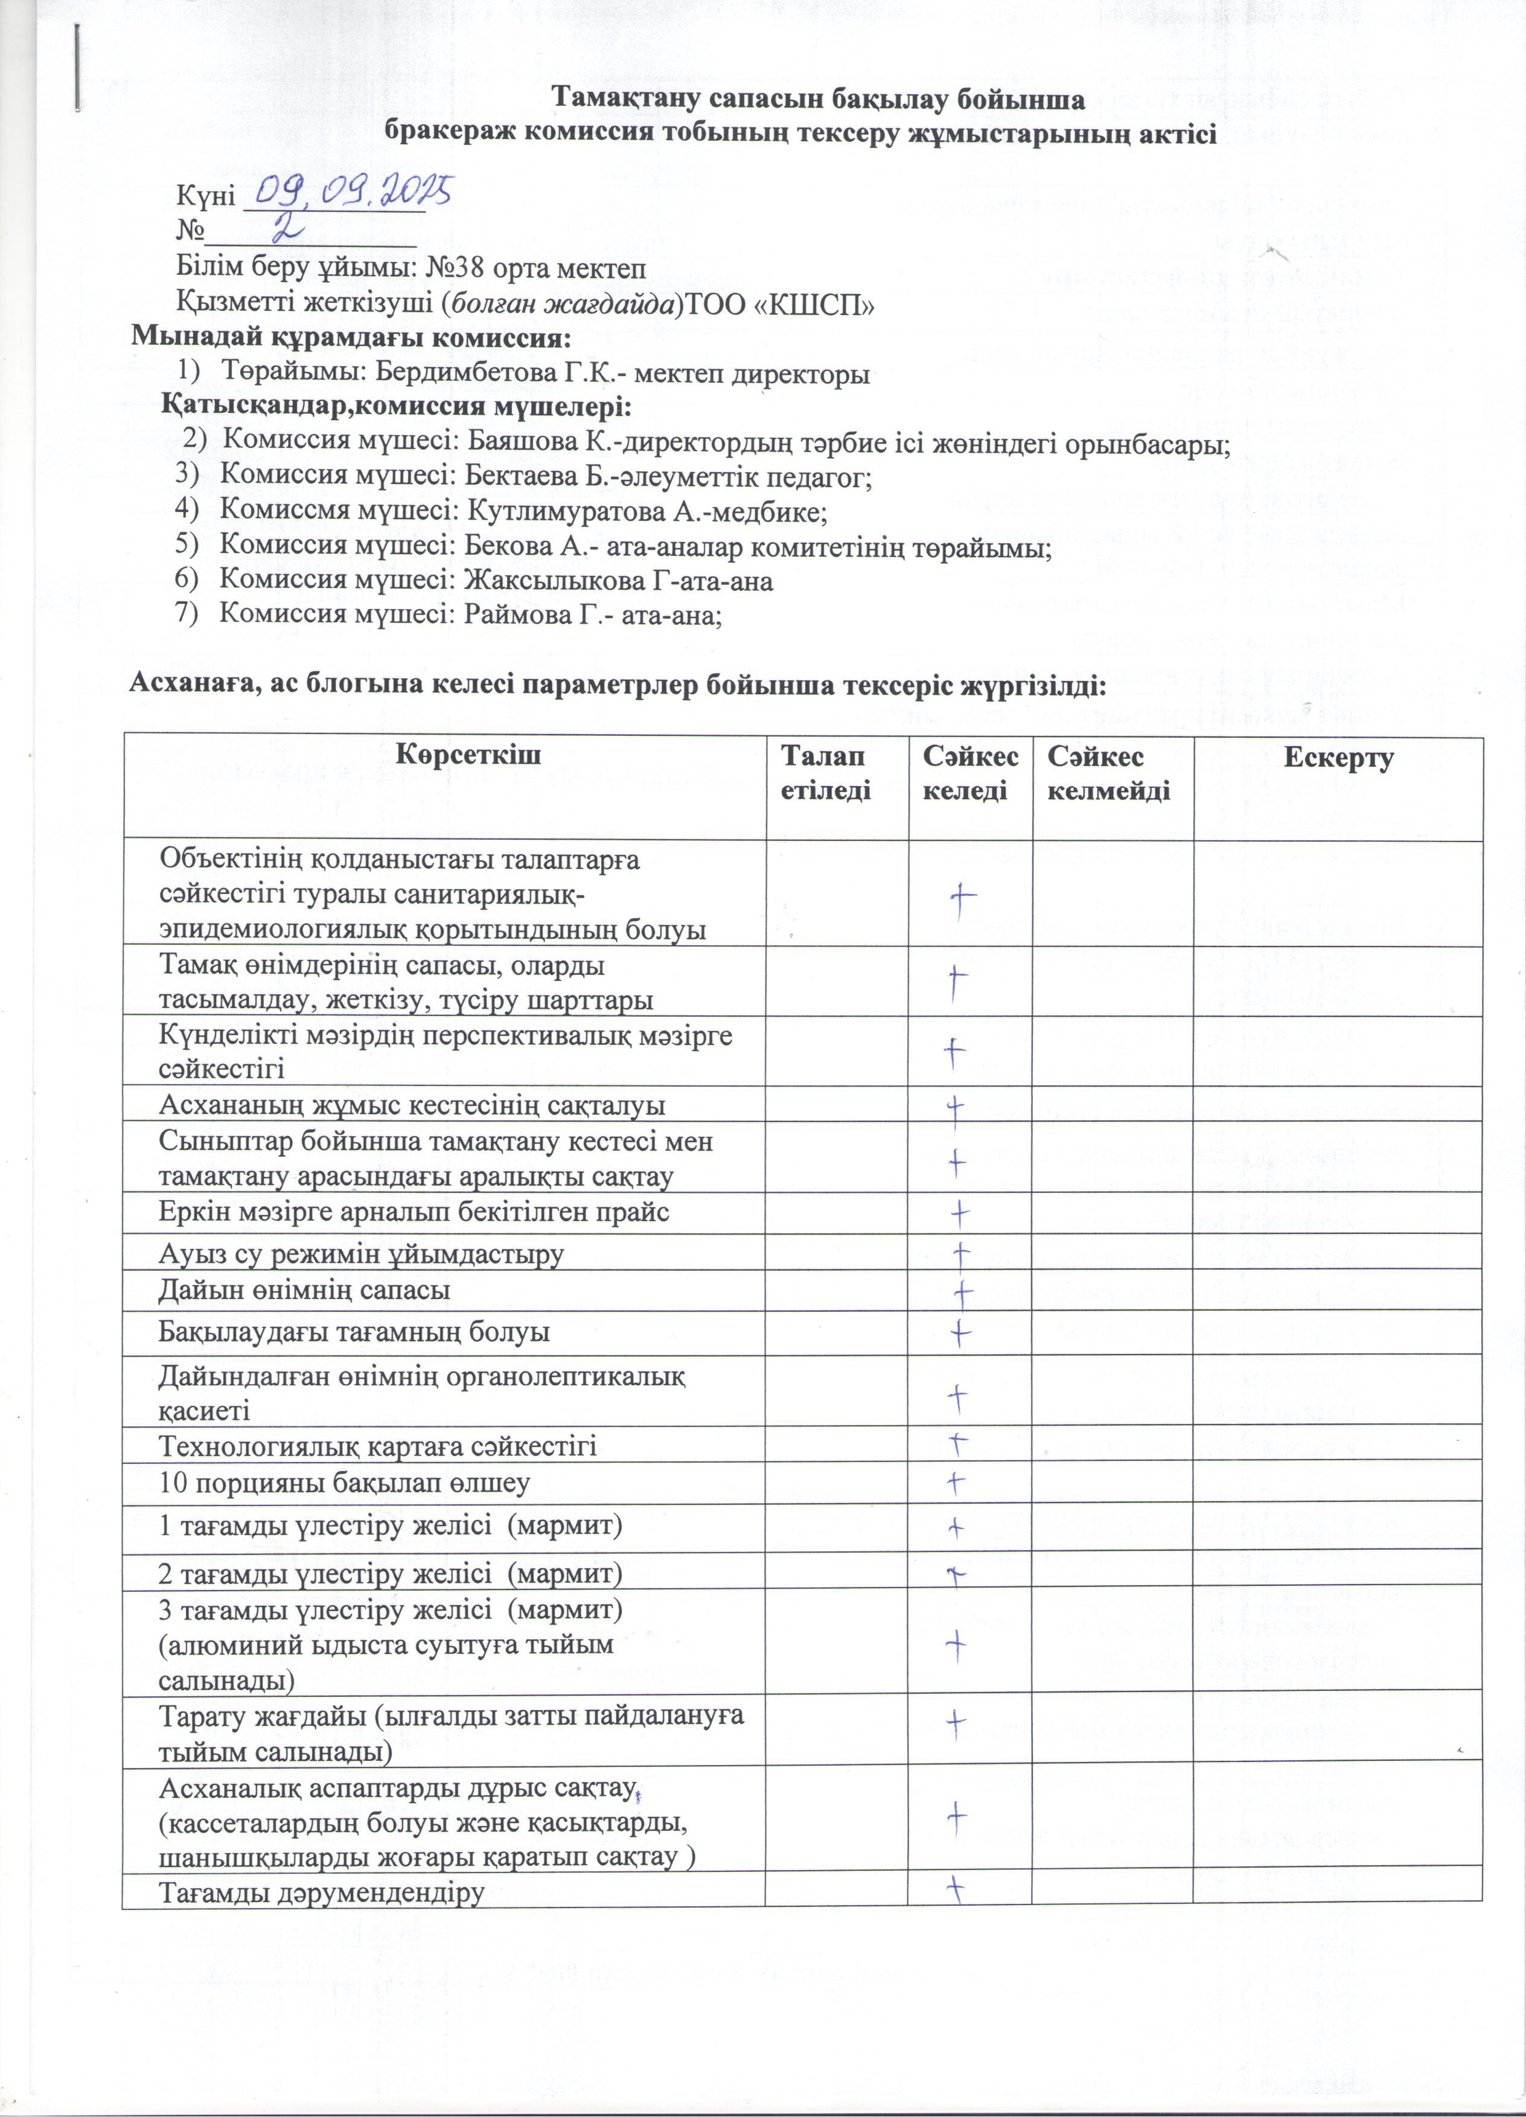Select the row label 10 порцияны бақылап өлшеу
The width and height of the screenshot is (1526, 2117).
pos(345,1483)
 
